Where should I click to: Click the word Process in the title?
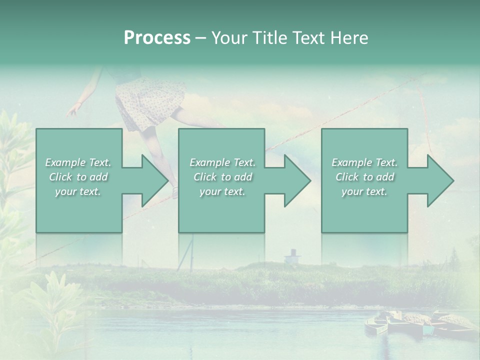pyautogui.click(x=157, y=38)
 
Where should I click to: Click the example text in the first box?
pyautogui.click(x=78, y=177)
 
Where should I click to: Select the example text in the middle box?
pyautogui.click(x=222, y=177)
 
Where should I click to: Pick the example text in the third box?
pyautogui.click(x=364, y=177)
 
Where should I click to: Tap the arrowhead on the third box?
pyautogui.click(x=439, y=181)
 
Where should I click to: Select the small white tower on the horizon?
pyautogui.click(x=292, y=256)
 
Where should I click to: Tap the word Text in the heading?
pyautogui.click(x=308, y=38)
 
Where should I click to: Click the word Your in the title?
pyautogui.click(x=228, y=38)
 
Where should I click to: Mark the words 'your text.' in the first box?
pyautogui.click(x=78, y=191)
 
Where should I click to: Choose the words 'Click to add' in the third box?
pyautogui.click(x=364, y=177)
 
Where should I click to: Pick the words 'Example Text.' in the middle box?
pyautogui.click(x=222, y=162)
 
